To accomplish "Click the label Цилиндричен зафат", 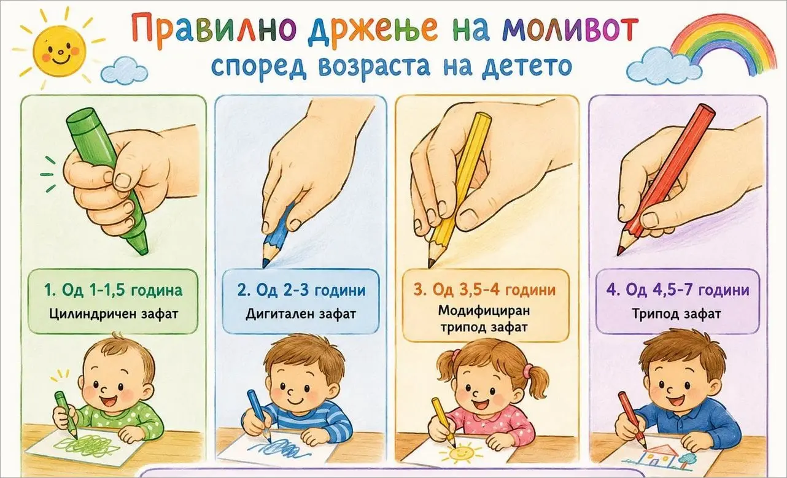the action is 114,314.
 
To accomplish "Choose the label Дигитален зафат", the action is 300,314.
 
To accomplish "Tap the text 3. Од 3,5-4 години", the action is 485,290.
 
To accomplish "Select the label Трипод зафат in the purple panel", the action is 677,314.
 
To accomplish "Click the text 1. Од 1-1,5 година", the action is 113,290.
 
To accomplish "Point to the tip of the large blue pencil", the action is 264,267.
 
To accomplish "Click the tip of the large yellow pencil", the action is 429,267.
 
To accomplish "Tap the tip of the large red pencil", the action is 619,254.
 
